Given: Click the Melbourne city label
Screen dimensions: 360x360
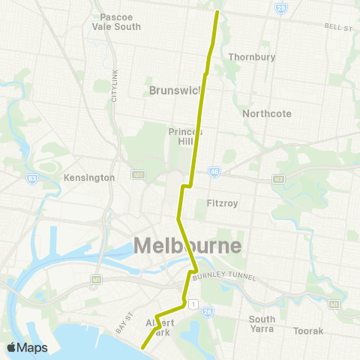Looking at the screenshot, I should (x=187, y=245).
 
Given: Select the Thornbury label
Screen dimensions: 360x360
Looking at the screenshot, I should (x=251, y=57).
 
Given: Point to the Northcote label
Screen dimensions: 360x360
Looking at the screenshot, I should (x=262, y=113).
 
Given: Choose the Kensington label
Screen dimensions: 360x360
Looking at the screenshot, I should (x=89, y=178).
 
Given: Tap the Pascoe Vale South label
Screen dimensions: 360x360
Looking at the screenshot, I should (x=116, y=21).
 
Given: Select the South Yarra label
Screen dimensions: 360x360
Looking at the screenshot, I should (x=262, y=323).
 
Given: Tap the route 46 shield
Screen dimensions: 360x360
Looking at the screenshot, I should (x=214, y=171).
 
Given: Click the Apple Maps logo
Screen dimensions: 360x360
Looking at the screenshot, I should (x=26, y=347).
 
